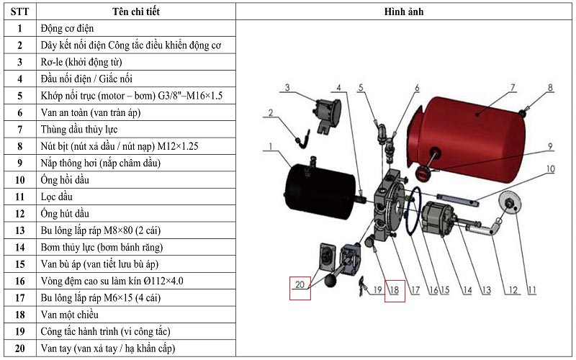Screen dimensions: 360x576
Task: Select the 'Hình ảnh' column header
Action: (x=406, y=12)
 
